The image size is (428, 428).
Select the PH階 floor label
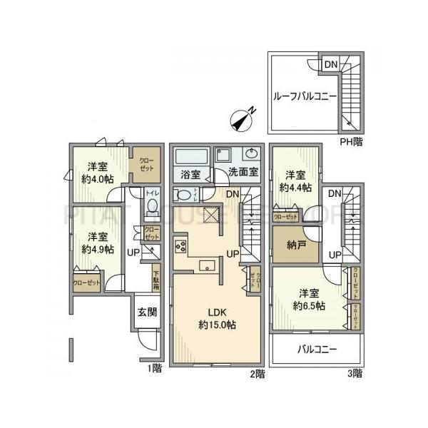[x=350, y=142]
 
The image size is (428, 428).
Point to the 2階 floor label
[x=257, y=372]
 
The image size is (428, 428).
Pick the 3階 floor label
[x=354, y=372]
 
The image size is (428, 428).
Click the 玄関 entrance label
[x=148, y=312]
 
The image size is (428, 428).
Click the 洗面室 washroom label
[x=243, y=173]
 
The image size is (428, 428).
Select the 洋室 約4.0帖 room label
[x=97, y=173]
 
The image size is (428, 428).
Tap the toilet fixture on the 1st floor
[x=152, y=206]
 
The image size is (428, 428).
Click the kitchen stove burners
[x=179, y=247]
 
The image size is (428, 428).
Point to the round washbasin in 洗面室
[x=252, y=153]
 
